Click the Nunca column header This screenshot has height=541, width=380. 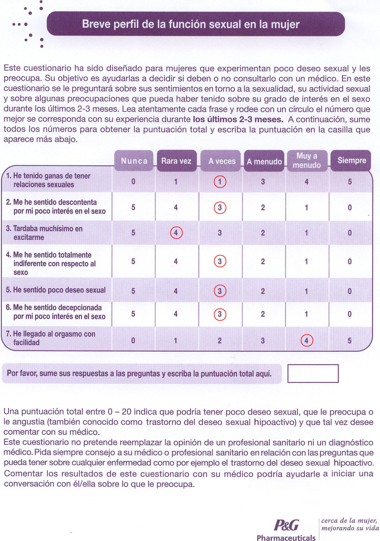134,161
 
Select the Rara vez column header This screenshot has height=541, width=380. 176,161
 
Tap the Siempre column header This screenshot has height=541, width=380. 352,160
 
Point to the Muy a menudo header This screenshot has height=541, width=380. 307,160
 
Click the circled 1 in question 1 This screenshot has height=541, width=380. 220,182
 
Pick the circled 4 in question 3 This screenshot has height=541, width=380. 176,233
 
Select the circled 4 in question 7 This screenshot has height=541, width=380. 307,341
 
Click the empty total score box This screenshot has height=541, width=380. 313,373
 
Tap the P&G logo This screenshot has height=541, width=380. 286,525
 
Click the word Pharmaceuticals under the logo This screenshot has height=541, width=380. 286,538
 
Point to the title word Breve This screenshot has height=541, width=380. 95,24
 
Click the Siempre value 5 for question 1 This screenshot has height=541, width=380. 350,182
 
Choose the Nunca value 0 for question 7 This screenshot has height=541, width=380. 133,341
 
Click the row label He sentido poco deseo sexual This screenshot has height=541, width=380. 56,290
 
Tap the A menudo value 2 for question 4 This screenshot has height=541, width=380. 263,261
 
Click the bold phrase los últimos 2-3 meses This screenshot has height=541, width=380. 238,119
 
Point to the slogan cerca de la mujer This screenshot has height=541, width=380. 349,521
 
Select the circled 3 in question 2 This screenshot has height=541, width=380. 220,208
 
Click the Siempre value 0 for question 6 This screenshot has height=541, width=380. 350,314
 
